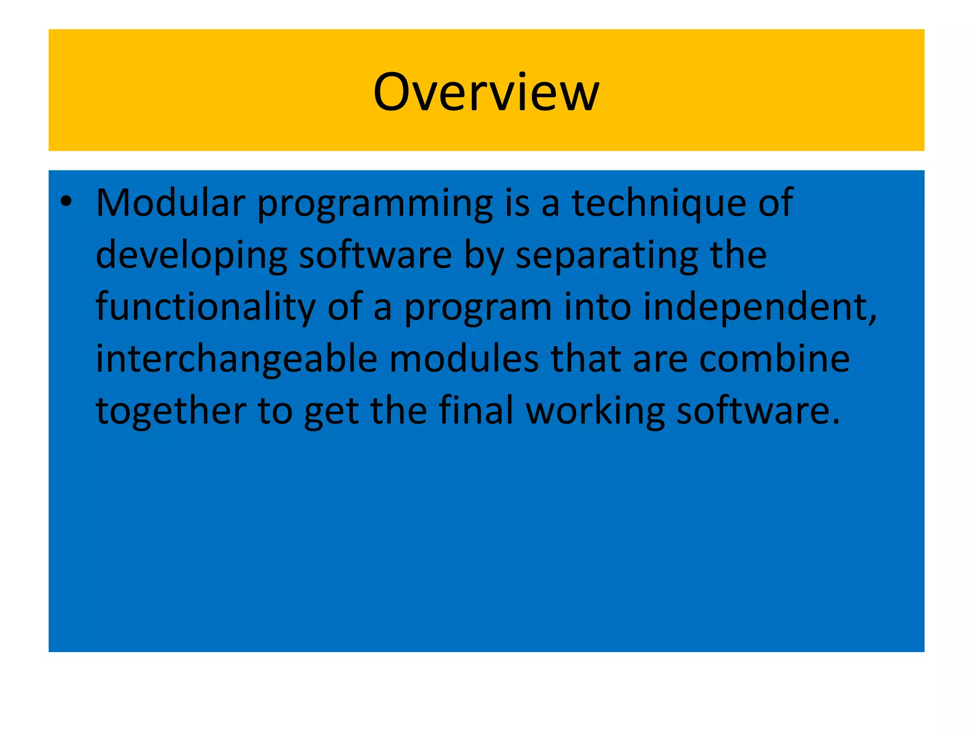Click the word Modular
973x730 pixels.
pyautogui.click(x=171, y=203)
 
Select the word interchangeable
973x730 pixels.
pyautogui.click(x=237, y=360)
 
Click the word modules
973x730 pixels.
pyautogui.click(x=464, y=360)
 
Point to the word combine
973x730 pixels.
pyautogui.click(x=774, y=360)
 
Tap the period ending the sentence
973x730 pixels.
pyautogui.click(x=836, y=422)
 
